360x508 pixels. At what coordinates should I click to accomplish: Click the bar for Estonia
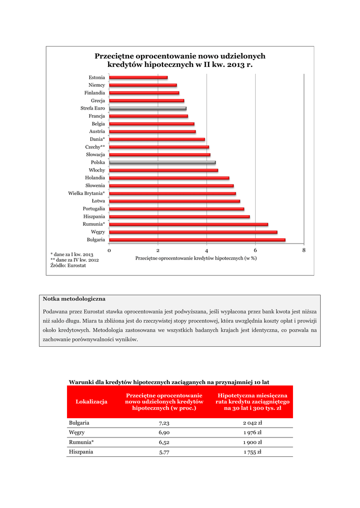138,77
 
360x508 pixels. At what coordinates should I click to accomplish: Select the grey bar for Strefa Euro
147,108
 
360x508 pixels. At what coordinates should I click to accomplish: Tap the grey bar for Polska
162,162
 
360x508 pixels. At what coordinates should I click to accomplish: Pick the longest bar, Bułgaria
197,240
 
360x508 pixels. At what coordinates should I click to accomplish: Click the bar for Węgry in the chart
193,232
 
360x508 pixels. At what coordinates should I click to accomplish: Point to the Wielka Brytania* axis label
86,193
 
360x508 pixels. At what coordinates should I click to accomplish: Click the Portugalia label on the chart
94,209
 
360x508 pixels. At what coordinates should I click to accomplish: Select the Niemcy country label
97,85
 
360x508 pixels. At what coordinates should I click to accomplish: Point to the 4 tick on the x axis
207,251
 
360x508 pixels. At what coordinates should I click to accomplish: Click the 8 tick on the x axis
304,251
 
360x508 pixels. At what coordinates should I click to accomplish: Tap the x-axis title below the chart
196,258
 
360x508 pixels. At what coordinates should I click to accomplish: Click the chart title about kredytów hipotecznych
180,61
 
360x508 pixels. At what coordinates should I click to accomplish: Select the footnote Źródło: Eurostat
68,266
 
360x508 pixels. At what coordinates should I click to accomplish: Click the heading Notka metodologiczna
74,299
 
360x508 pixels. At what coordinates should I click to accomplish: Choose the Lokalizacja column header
91,402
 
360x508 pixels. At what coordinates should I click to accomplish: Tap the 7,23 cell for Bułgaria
164,424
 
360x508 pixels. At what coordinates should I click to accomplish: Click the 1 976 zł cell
252,433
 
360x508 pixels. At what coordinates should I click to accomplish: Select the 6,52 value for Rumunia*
164,443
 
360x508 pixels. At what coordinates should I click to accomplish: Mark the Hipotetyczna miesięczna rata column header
252,402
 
